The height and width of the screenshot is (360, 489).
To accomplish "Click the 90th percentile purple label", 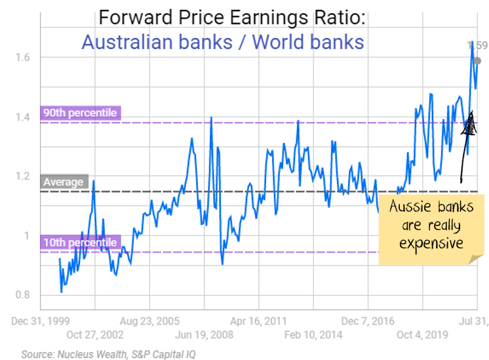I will coord(79,113).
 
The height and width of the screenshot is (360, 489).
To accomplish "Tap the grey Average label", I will coord(64,182).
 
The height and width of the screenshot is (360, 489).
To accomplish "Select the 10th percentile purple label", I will coord(79,243).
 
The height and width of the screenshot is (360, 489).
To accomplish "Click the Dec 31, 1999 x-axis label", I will coord(40,321).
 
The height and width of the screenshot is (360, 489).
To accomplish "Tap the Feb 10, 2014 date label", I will coord(313,334).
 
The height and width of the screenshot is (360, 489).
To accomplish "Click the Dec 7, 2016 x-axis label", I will coord(368,321).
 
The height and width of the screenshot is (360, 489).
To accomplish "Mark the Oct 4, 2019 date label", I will coord(423,334).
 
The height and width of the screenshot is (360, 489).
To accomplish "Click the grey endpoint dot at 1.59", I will coord(477,61).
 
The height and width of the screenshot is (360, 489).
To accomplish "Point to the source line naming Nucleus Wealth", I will coord(108,353).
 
